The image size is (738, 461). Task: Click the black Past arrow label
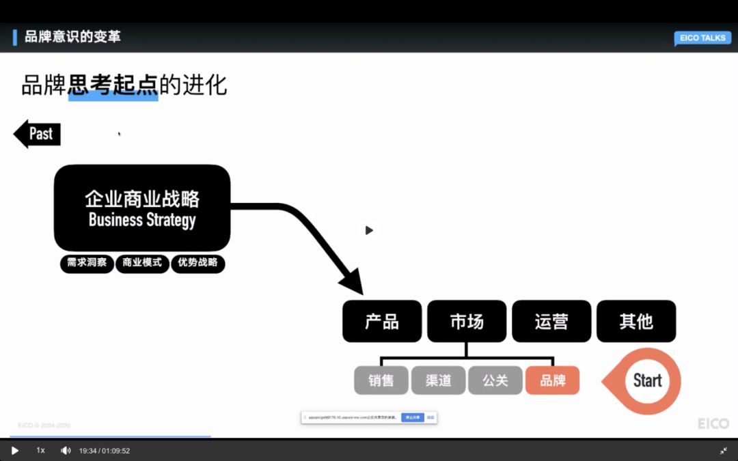point(38,134)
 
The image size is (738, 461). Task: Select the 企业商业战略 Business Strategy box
point(142,208)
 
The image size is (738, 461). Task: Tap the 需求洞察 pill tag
point(87,263)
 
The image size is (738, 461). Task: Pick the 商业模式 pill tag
point(142,263)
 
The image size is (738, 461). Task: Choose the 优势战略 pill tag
point(197,263)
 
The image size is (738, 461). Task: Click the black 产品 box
point(382,321)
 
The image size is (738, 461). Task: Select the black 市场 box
point(467,321)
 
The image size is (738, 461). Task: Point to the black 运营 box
point(551,321)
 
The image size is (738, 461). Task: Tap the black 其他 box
point(636,321)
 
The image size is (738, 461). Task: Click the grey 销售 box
point(381,380)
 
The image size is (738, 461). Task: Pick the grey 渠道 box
point(438,380)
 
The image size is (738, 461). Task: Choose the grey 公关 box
point(495,380)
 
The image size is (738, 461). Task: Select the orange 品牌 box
point(552,380)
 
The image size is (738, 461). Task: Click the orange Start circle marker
point(646,381)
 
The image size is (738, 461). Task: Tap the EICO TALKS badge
point(702,38)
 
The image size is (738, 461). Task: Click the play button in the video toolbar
point(15,450)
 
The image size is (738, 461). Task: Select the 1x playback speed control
point(40,450)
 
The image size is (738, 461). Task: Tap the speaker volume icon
point(66,450)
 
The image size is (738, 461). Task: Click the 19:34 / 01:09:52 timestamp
point(105,450)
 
